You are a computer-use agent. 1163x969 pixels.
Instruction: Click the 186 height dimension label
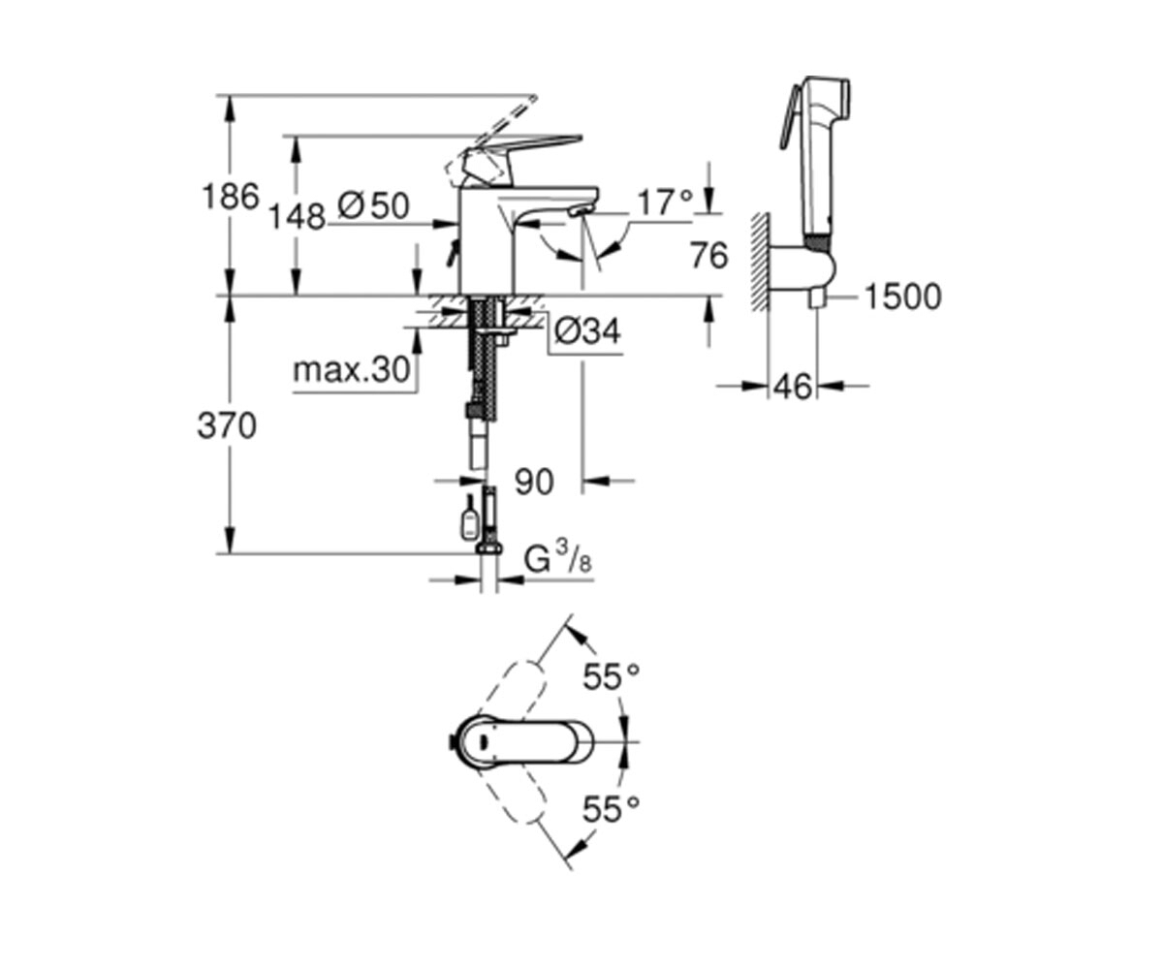[231, 197]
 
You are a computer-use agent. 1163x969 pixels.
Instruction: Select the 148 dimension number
[297, 217]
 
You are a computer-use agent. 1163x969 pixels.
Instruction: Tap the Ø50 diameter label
[374, 206]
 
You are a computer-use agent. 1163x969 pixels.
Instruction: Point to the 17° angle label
[665, 202]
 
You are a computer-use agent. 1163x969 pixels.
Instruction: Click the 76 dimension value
[709, 256]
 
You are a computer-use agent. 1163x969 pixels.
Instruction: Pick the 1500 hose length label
[902, 297]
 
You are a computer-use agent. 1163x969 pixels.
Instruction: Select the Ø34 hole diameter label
[587, 332]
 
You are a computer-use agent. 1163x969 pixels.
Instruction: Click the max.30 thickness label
[352, 370]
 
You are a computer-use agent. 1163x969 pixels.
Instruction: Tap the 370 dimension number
[227, 426]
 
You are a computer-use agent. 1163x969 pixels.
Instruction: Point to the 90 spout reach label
[534, 482]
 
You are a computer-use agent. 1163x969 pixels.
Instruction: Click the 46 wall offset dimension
[793, 387]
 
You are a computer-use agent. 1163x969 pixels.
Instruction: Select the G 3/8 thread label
[557, 559]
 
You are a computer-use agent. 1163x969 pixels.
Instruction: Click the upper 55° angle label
[611, 676]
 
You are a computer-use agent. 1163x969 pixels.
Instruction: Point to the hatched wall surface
[760, 262]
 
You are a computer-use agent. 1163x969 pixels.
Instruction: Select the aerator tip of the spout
[579, 211]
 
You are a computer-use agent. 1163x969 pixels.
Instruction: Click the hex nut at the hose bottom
[488, 549]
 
